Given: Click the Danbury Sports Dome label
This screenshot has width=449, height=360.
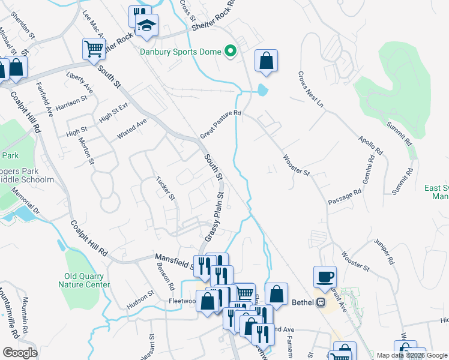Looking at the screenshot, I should pyautogui.click(x=181, y=52).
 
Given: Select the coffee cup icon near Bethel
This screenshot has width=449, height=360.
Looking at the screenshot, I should pyautogui.click(x=325, y=277).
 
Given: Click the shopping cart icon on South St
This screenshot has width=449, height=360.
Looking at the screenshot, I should pyautogui.click(x=94, y=48).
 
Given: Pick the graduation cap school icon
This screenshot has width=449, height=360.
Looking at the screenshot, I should pyautogui.click(x=145, y=26).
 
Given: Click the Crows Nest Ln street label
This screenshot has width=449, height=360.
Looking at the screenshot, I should pyautogui.click(x=310, y=90).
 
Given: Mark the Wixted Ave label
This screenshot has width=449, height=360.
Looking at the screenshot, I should pyautogui.click(x=131, y=130).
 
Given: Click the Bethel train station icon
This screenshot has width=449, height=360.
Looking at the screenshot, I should pyautogui.click(x=321, y=302).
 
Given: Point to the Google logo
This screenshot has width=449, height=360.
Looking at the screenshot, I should pyautogui.click(x=20, y=353).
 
